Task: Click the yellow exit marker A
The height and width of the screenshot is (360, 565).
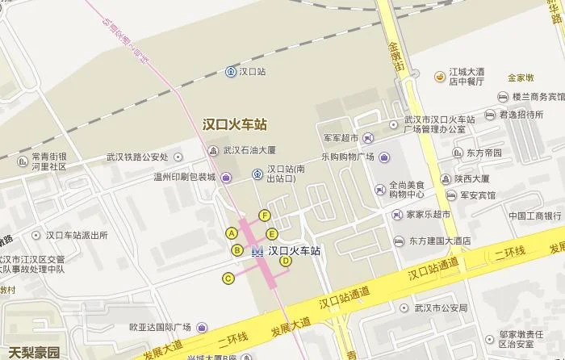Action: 232,233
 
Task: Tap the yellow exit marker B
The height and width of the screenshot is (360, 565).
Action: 237,250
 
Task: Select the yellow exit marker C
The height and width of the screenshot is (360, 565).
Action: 228,278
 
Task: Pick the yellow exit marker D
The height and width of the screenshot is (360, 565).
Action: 285,260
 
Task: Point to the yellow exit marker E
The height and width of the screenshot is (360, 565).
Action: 272,234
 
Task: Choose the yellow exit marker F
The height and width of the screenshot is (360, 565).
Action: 264,215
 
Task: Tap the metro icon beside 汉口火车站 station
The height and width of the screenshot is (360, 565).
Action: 258,251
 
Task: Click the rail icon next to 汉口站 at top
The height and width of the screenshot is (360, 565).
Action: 231,72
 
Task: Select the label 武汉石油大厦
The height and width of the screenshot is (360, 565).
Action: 250,150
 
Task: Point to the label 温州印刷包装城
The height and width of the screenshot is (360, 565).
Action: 185,177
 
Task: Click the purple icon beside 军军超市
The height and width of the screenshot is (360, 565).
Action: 368,138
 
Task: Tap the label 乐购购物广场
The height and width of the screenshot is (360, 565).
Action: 348,157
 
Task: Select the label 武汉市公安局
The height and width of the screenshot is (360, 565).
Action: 441,308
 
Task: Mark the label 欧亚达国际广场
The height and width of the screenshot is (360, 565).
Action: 158,328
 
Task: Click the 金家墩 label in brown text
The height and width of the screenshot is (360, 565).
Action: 521,78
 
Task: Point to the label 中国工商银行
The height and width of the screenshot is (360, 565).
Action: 535,216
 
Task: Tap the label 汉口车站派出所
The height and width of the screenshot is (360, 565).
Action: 77,236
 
